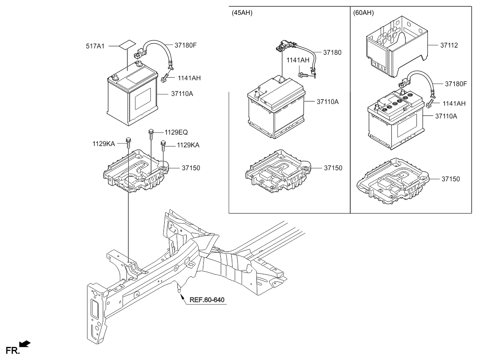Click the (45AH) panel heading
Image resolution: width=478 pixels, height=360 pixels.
pos(242,13)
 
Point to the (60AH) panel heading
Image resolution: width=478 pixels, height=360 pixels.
pos(363,13)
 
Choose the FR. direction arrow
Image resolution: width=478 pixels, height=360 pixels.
pos(25,343)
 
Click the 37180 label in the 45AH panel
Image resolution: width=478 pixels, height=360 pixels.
pos(332,53)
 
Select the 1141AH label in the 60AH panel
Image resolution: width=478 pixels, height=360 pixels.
pos(454,104)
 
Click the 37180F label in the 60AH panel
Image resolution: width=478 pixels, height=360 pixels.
pos(456,84)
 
